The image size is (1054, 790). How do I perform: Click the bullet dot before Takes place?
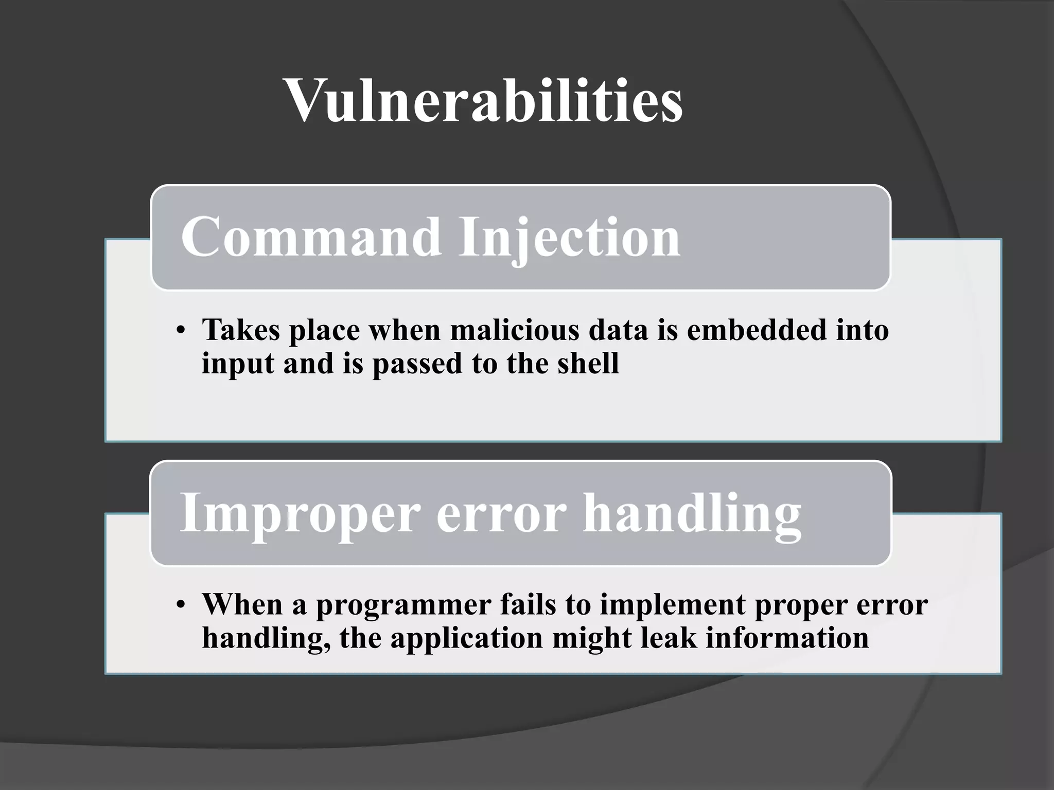click(180, 331)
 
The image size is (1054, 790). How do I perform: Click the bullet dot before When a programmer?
click(180, 605)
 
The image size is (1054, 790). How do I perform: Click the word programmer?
click(403, 605)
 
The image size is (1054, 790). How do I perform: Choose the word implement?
click(672, 605)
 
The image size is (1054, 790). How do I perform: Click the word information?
click(787, 638)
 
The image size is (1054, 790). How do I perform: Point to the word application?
click(466, 639)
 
